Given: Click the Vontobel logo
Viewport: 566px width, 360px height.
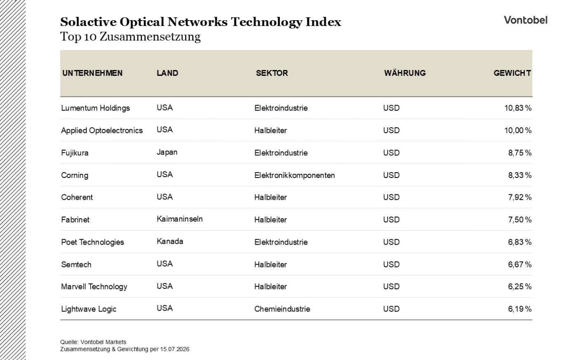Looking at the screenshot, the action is (526, 20).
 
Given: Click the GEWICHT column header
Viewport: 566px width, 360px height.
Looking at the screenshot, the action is (512, 73).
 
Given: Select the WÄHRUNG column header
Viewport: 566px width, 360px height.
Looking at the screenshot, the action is (405, 73).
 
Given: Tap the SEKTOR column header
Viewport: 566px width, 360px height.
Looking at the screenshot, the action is (272, 73).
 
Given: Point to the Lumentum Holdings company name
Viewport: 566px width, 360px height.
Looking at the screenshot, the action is (96, 108).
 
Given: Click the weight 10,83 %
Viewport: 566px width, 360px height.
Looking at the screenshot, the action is (518, 108).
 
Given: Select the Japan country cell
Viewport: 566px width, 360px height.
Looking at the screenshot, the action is (167, 152).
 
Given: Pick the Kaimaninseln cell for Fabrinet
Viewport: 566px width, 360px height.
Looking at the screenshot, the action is (180, 219).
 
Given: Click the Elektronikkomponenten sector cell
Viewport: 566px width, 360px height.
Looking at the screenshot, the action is (295, 175).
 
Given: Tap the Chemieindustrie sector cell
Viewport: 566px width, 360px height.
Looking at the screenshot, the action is (282, 309).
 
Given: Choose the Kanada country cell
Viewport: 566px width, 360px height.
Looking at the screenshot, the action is (170, 241).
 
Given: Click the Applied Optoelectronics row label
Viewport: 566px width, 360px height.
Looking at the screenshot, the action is (102, 131).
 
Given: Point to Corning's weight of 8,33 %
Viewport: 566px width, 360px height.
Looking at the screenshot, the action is (520, 175).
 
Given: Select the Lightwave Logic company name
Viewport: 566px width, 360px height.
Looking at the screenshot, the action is (89, 309).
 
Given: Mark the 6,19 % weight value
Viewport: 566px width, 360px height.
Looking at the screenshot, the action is (520, 309).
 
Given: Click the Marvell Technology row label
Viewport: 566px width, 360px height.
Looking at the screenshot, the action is (94, 287).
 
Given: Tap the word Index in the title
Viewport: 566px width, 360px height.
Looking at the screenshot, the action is (323, 22).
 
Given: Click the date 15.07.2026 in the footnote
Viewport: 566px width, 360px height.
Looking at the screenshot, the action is (175, 349).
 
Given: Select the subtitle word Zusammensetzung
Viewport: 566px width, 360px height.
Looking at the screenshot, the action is (150, 37).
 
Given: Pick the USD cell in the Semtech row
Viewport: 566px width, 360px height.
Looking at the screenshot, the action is (391, 264).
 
